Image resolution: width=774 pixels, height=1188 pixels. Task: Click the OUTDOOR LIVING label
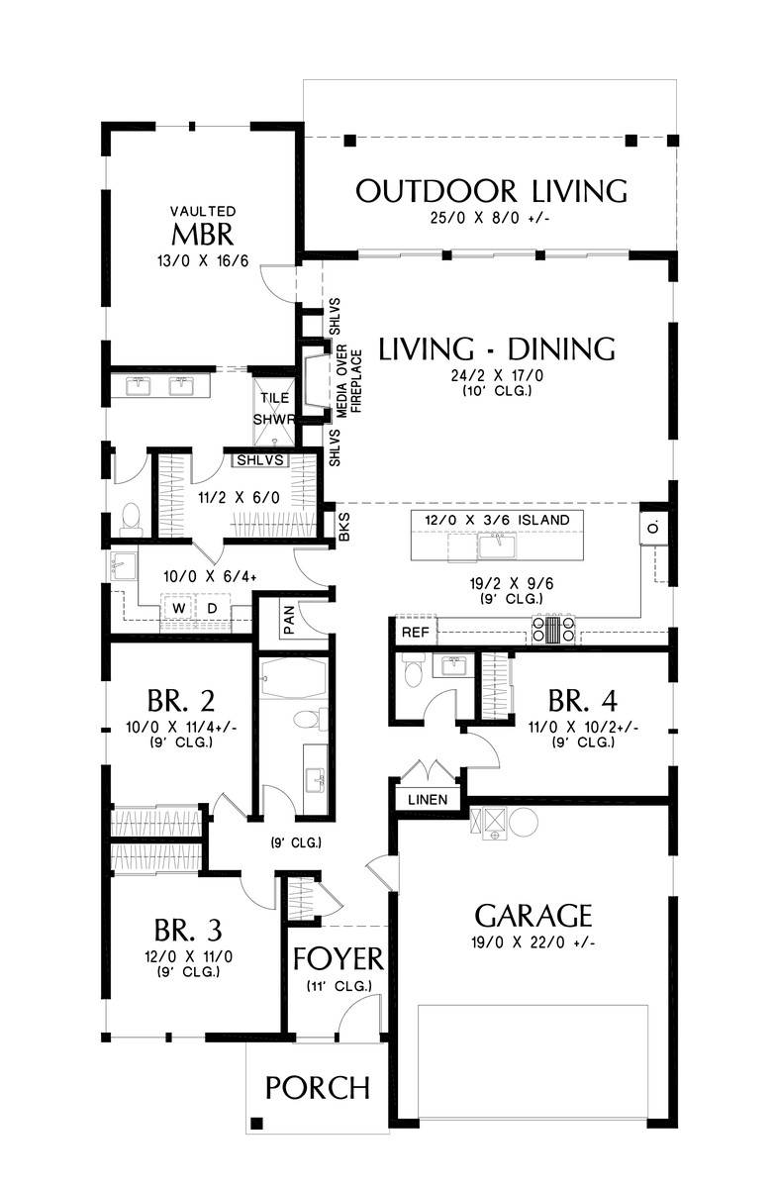click(x=491, y=190)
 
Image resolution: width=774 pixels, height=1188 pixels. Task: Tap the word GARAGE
click(x=533, y=915)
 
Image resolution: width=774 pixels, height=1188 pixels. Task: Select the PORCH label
click(x=318, y=1088)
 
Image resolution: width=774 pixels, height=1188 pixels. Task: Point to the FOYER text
click(x=338, y=959)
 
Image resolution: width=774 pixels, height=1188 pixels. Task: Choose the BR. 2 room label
click(x=180, y=701)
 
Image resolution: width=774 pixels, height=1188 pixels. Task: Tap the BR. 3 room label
click(x=187, y=931)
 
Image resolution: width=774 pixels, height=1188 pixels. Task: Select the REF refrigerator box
click(x=413, y=631)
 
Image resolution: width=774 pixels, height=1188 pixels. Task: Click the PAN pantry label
click(x=289, y=621)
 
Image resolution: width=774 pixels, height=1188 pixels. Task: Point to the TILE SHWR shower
click(x=275, y=407)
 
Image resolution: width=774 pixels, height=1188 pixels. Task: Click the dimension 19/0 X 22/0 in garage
click(x=533, y=943)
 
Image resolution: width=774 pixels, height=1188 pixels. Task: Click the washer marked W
click(x=180, y=606)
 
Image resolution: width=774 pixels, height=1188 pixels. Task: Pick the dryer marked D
click(x=211, y=606)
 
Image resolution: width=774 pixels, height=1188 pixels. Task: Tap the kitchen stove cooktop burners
click(x=547, y=630)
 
